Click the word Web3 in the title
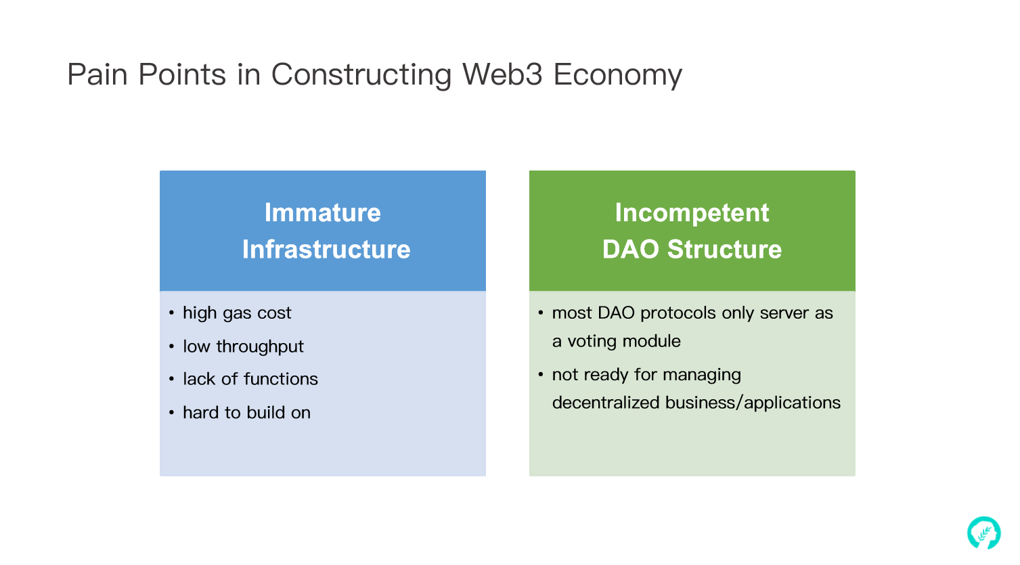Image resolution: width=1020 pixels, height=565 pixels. [502, 74]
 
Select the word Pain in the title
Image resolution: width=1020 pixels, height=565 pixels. [97, 74]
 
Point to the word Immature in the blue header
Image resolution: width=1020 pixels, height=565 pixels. [322, 212]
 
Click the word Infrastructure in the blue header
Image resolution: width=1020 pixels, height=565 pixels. [326, 249]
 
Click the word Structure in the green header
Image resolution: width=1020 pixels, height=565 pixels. [724, 249]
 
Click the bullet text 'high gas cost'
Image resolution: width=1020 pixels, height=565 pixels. [237, 313]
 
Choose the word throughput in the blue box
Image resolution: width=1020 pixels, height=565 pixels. [259, 347]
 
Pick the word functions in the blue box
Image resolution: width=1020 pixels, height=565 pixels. [280, 379]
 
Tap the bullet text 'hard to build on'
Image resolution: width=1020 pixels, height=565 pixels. [246, 413]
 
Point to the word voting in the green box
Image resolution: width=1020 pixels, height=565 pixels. [592, 342]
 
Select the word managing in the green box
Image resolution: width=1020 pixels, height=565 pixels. [702, 375]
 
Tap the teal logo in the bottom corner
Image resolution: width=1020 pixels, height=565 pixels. [983, 533]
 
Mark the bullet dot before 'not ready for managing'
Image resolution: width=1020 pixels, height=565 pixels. [541, 375]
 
